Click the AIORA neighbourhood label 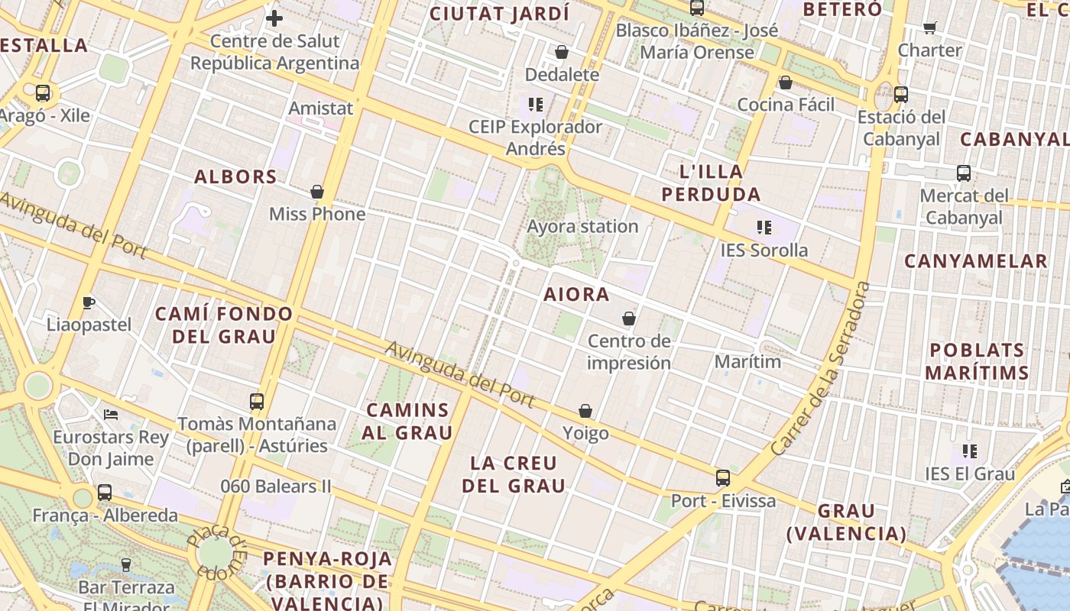click(576, 294)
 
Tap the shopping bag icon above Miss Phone click(317, 192)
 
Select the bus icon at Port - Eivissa click(723, 478)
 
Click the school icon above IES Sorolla click(764, 227)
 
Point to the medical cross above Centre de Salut click(274, 18)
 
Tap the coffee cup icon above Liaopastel click(89, 302)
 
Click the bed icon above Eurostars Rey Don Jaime click(111, 415)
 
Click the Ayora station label click(582, 226)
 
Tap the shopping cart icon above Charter click(929, 28)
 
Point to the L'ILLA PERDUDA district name click(711, 183)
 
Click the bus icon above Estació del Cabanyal click(901, 95)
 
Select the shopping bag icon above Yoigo click(585, 411)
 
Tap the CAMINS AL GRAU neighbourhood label click(407, 422)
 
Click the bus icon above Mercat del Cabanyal click(964, 173)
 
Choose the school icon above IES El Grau click(970, 451)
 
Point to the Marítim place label click(747, 361)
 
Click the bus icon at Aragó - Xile click(43, 93)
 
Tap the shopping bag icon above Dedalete click(562, 52)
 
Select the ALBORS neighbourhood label click(235, 177)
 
